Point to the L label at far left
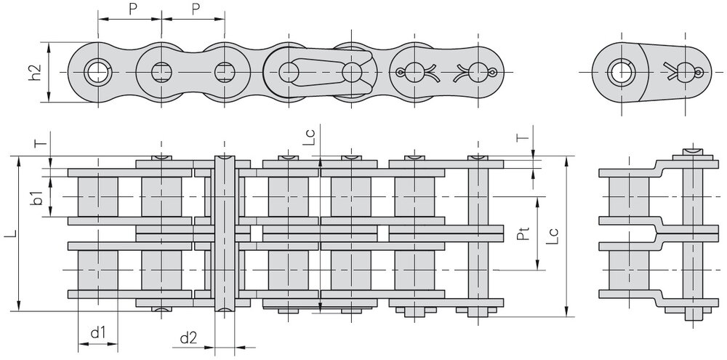(7, 234)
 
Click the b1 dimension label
(37, 196)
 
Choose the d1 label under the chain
(98, 334)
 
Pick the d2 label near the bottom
(188, 337)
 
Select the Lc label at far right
(554, 235)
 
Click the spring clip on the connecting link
(324, 71)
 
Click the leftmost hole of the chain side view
(95, 72)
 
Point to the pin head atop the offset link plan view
(693, 151)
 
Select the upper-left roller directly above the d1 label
(97, 197)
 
